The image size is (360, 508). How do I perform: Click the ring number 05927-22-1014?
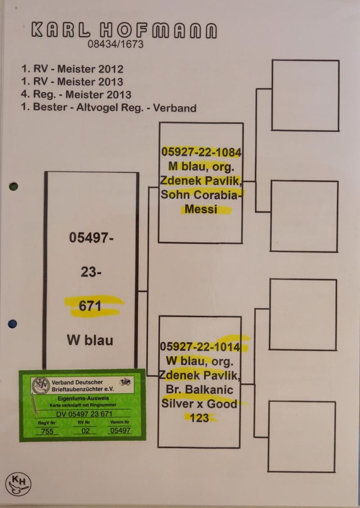tap(200, 347)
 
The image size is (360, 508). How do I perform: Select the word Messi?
tap(201, 209)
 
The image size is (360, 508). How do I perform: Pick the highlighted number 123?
tap(200, 418)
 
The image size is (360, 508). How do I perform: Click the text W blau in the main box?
tap(90, 340)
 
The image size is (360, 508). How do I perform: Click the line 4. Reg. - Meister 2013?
tap(76, 95)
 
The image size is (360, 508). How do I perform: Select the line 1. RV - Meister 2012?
tap(72, 69)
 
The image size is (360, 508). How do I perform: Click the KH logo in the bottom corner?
tap(18, 484)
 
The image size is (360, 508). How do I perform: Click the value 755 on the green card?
tap(47, 431)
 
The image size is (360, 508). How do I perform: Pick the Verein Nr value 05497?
tap(120, 431)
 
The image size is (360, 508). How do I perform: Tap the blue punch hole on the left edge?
tap(13, 323)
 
